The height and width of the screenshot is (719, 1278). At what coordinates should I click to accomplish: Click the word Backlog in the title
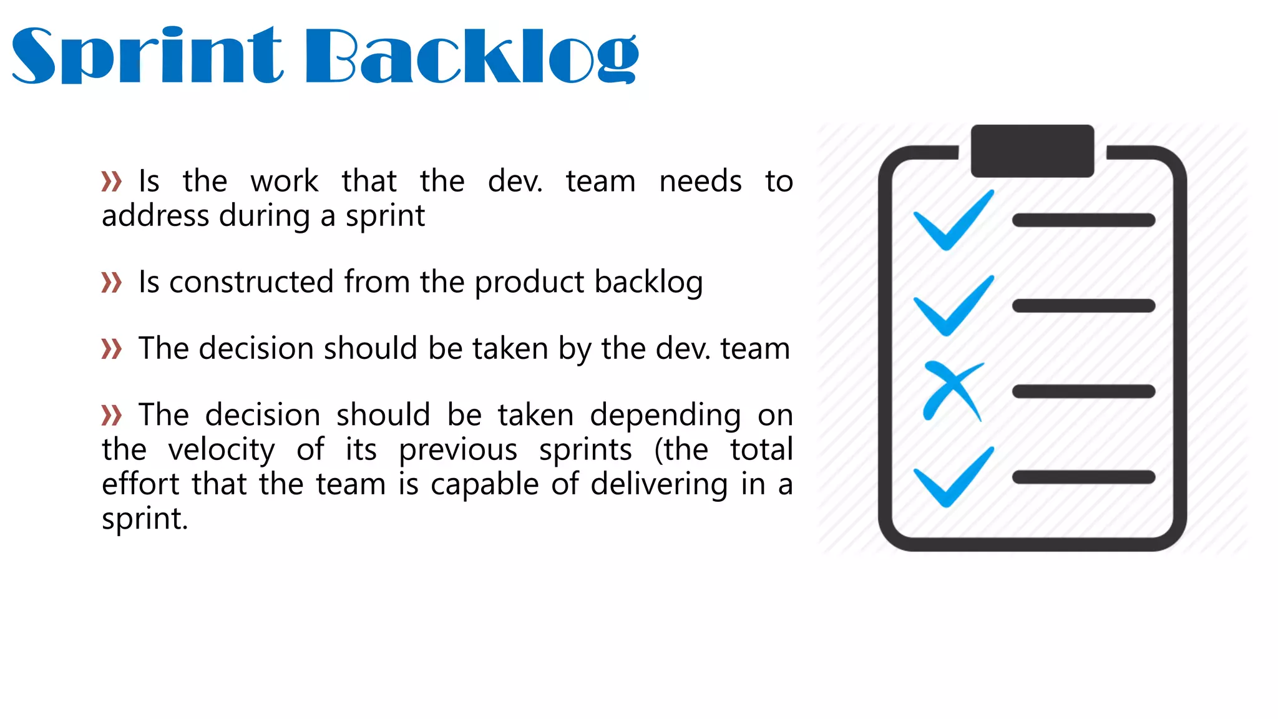[472, 56]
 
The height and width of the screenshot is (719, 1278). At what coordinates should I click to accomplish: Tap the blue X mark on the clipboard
[952, 391]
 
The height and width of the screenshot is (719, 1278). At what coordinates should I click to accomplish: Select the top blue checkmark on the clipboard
[953, 221]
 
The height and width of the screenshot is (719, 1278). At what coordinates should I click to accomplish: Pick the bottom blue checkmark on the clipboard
[953, 478]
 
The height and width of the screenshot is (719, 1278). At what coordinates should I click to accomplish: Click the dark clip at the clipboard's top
[1032, 150]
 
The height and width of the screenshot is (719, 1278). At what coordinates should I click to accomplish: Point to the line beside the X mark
[1083, 392]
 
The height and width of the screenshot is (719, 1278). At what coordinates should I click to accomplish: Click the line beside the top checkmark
[1083, 220]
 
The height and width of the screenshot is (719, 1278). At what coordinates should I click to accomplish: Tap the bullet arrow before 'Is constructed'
[112, 282]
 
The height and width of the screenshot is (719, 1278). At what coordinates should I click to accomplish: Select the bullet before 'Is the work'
[112, 182]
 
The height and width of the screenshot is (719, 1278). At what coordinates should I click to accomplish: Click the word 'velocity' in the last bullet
[222, 450]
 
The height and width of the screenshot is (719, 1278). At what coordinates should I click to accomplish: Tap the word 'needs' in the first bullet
[700, 182]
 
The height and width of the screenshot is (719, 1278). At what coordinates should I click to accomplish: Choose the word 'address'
[155, 216]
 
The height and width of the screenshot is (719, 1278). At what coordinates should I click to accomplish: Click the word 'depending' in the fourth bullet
[665, 416]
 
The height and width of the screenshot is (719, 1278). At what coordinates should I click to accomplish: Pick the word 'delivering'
[659, 485]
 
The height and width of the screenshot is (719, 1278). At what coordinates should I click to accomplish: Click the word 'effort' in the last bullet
[141, 484]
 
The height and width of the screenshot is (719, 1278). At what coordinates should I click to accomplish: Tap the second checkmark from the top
[953, 306]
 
